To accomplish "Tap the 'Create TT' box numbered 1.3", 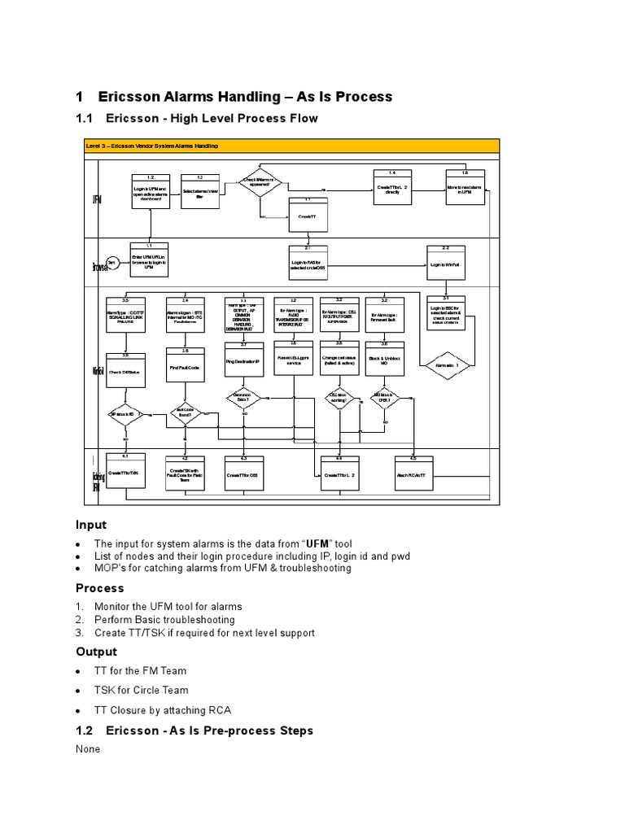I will [307, 215].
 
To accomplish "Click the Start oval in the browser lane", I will [112, 262].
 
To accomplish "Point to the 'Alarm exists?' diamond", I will [446, 366].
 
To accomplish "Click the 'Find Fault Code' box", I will [185, 368].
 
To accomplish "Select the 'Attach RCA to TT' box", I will [413, 473].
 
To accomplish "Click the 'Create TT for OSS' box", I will [243, 474].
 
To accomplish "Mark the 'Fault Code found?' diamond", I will [185, 414].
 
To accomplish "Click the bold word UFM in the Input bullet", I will [322, 543].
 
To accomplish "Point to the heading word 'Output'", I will [96, 652].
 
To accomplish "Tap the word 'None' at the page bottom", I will [88, 748].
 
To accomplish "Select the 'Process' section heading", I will [99, 587].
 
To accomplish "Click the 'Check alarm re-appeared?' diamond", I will [260, 181].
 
